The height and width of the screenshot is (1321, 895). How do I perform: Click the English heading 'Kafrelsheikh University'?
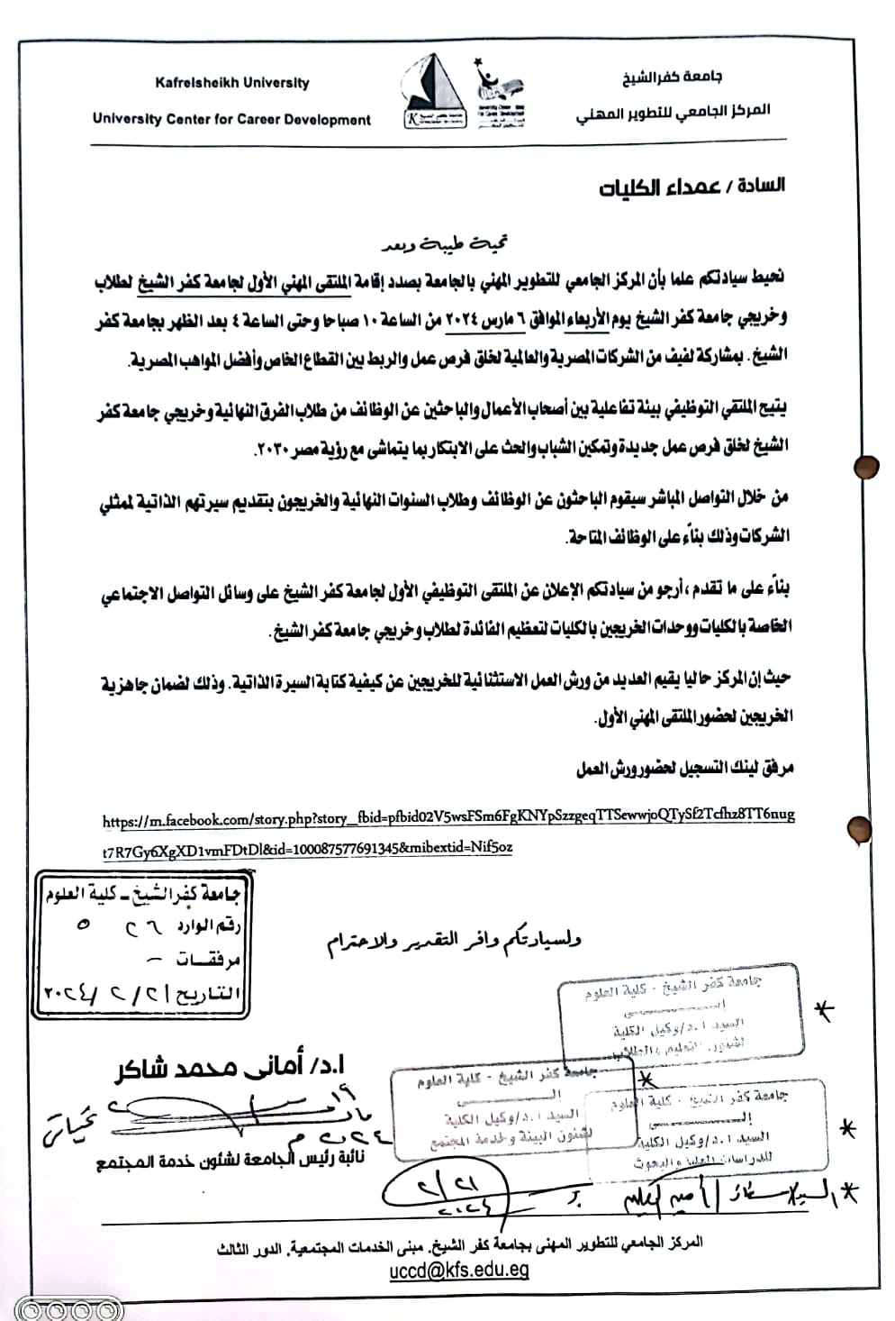coord(231,83)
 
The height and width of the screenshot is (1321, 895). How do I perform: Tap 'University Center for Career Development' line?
coord(231,119)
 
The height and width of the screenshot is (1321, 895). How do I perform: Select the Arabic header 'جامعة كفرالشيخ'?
coord(671,77)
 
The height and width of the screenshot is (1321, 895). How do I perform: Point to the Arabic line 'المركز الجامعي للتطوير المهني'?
coord(673,113)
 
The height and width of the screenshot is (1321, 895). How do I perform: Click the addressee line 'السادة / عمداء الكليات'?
coord(692,187)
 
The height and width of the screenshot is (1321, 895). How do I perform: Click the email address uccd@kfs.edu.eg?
coord(458,1271)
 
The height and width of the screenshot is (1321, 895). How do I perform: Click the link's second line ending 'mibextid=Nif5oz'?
coord(307,848)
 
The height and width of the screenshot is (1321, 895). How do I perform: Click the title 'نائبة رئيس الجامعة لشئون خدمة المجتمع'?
coord(231,1161)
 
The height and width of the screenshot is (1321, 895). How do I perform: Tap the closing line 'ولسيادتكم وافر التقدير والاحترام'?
coord(454,941)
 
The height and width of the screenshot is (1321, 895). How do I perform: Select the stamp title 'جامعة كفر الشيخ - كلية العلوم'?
coord(142,893)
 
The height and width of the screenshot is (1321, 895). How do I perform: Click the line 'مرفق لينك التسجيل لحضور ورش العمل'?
coord(684,770)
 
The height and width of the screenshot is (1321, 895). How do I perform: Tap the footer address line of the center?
coord(459,1246)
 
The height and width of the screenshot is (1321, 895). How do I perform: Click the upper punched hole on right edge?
coord(866,467)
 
